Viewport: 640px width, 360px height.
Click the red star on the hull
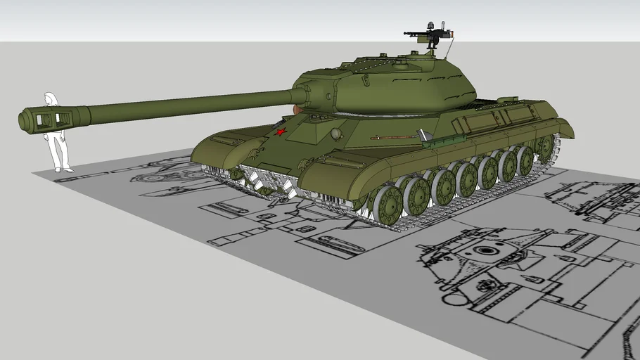[281, 131]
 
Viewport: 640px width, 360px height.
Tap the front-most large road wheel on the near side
[388, 205]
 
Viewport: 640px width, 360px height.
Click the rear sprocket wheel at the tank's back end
[544, 147]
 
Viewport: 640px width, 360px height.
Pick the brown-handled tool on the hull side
[394, 137]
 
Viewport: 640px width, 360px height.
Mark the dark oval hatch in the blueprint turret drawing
[485, 250]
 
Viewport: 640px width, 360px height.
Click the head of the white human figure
[51, 98]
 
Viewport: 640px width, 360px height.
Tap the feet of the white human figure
[62, 169]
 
